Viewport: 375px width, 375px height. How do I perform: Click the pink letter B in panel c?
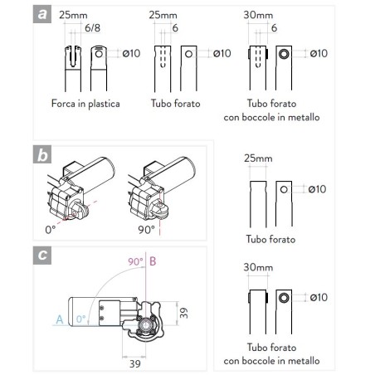(x=153, y=261)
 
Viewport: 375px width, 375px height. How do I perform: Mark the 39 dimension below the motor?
(x=134, y=363)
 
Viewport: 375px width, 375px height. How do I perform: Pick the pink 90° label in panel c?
(x=134, y=261)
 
